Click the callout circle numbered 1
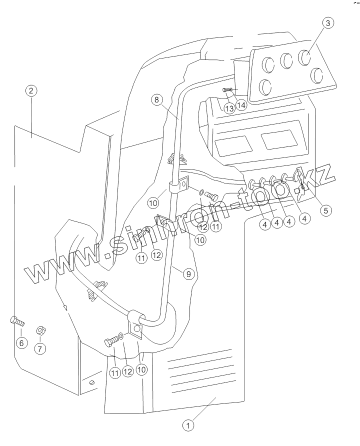[x=188, y=425]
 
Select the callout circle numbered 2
[x=31, y=90]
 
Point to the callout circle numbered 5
[x=325, y=210]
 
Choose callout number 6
[x=21, y=343]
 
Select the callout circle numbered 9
[x=187, y=274]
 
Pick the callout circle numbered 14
[x=242, y=105]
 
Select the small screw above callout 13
[x=226, y=89]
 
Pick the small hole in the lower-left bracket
[x=92, y=382]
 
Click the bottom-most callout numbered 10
[x=142, y=370]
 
